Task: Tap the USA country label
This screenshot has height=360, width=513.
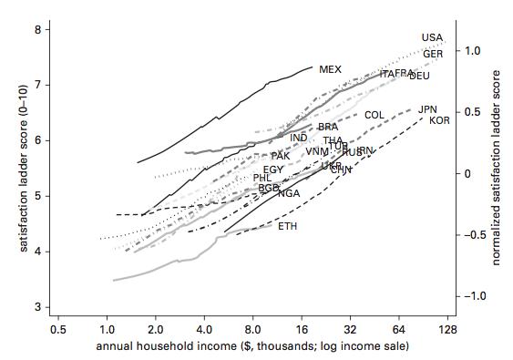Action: click(x=432, y=37)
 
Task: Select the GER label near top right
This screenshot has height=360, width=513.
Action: click(x=433, y=54)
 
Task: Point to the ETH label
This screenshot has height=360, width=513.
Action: click(x=287, y=226)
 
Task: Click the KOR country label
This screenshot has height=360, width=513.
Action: click(x=439, y=120)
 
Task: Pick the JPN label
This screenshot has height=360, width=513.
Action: click(x=427, y=109)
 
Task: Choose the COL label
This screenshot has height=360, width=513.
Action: click(x=374, y=115)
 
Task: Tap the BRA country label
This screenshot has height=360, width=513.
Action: click(x=327, y=127)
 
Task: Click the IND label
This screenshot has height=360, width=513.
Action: click(x=298, y=138)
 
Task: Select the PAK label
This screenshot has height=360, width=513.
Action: click(x=281, y=156)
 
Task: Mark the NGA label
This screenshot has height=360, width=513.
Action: click(x=289, y=193)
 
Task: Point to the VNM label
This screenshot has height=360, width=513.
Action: click(x=316, y=151)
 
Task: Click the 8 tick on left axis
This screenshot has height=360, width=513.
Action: click(x=37, y=30)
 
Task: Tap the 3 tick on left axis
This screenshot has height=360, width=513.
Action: click(x=37, y=307)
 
